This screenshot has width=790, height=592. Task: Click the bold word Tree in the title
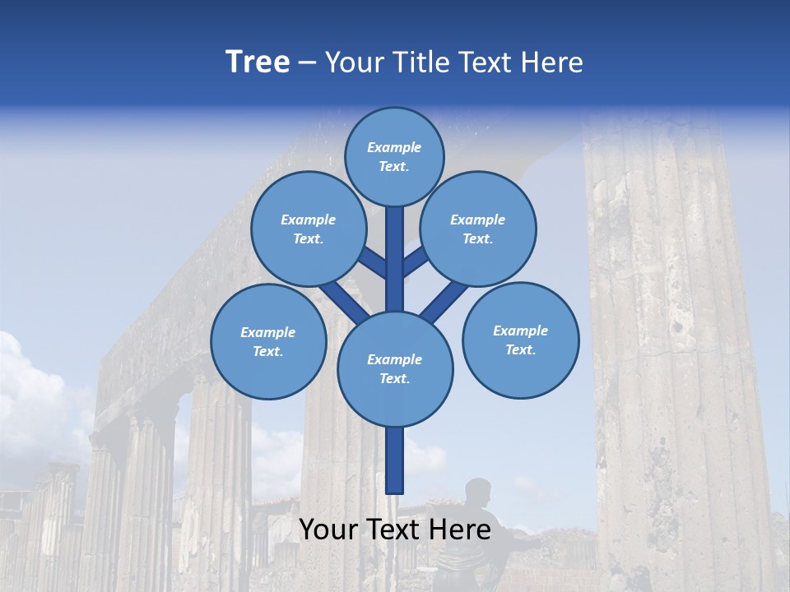point(258,62)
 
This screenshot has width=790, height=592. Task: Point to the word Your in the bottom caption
point(329,530)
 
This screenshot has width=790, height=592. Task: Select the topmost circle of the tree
point(394,156)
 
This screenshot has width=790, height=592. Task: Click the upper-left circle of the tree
point(309,229)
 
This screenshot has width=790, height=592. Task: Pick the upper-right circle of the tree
point(478,229)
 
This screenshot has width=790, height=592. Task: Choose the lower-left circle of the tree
point(268,341)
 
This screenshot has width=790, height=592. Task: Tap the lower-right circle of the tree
point(520,340)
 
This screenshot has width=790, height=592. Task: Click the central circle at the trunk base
point(394,368)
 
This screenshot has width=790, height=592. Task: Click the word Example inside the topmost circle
point(394,147)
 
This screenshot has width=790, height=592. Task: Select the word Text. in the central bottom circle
point(394,378)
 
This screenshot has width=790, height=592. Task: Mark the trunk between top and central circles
point(394,259)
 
